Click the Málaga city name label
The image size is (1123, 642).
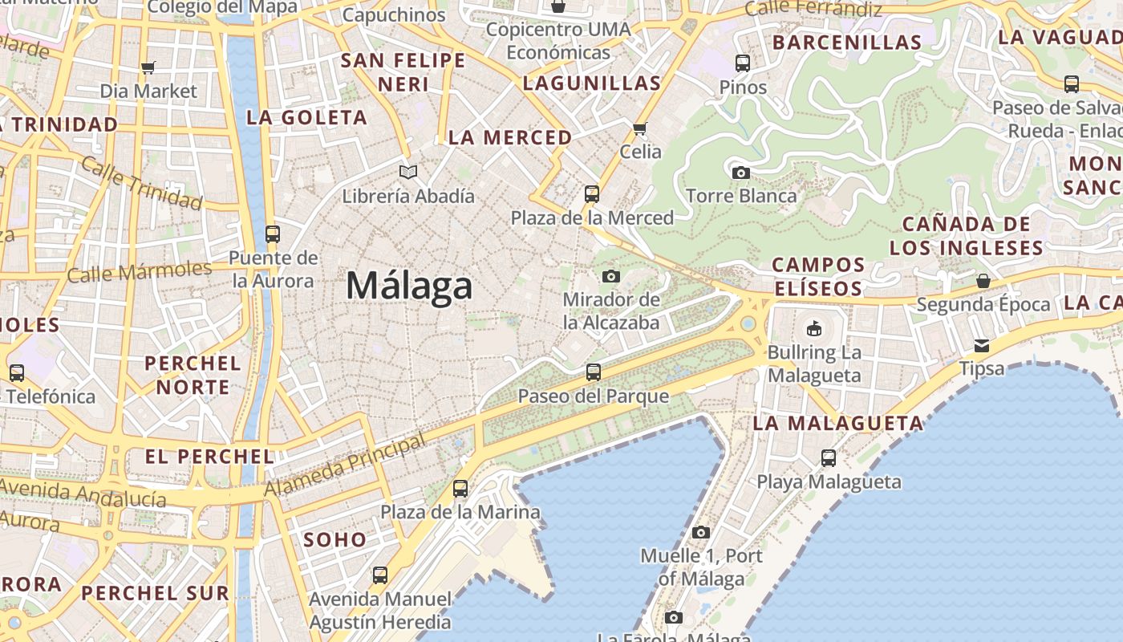[409, 286]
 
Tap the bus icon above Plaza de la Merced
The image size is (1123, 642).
[592, 194]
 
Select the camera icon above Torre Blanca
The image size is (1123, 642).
[741, 173]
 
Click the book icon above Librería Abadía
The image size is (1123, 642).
[408, 172]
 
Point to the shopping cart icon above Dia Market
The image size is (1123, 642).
[148, 68]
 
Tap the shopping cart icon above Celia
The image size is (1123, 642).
[640, 128]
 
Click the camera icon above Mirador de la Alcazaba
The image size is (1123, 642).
[611, 277]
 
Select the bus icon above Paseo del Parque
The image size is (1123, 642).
[594, 372]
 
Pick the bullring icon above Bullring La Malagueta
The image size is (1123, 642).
[814, 328]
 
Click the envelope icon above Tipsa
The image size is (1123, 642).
[982, 346]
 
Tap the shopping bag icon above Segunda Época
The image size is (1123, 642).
[983, 281]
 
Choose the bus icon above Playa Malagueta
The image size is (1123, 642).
[829, 458]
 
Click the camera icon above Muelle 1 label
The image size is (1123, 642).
[701, 532]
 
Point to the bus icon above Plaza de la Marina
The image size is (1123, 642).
[460, 489]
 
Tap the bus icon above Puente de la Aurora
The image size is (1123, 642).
[273, 234]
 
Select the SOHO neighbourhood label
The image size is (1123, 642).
[334, 539]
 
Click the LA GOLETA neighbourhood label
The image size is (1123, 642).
[306, 117]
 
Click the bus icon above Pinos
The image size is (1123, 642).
[743, 63]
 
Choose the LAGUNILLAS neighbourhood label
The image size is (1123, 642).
[592, 83]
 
